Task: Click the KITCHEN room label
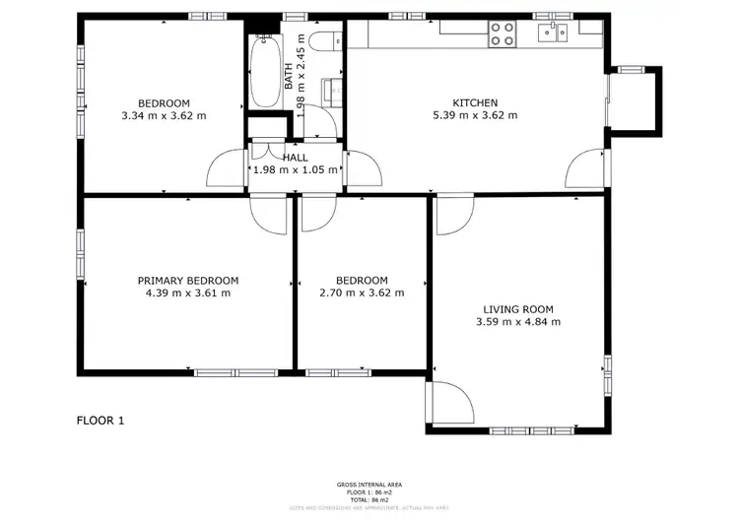point(475,102)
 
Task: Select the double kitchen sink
point(552,34)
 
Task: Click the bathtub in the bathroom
point(263,72)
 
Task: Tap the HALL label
point(296,157)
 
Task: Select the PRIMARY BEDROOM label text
point(187,280)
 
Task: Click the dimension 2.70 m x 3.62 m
point(362,293)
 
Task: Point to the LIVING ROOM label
point(517,308)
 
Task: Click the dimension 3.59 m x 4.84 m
point(517,321)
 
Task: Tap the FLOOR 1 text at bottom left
point(101,421)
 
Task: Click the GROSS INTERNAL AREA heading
point(369,485)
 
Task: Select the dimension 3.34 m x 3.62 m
point(164,115)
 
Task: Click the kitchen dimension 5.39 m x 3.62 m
point(475,115)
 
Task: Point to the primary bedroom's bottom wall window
point(228,372)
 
